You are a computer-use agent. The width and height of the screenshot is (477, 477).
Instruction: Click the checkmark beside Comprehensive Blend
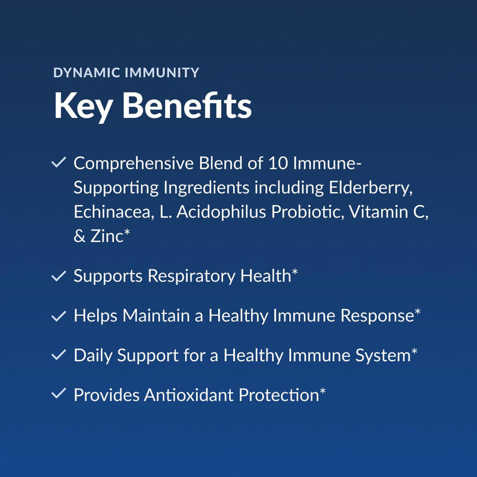59,163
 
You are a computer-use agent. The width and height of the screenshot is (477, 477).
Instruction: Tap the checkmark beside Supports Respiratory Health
59,276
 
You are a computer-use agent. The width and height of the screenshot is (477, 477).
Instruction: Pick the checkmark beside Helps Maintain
59,316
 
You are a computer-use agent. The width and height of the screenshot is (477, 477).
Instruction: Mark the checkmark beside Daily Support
59,355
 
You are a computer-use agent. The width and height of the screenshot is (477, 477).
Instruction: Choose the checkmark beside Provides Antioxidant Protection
59,395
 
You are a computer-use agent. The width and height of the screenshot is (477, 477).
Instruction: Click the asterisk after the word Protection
323,392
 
